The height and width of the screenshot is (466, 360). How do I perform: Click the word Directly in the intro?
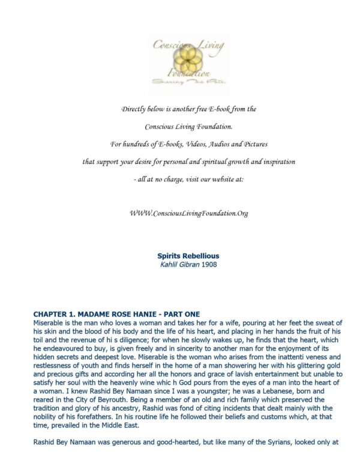tap(134, 109)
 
